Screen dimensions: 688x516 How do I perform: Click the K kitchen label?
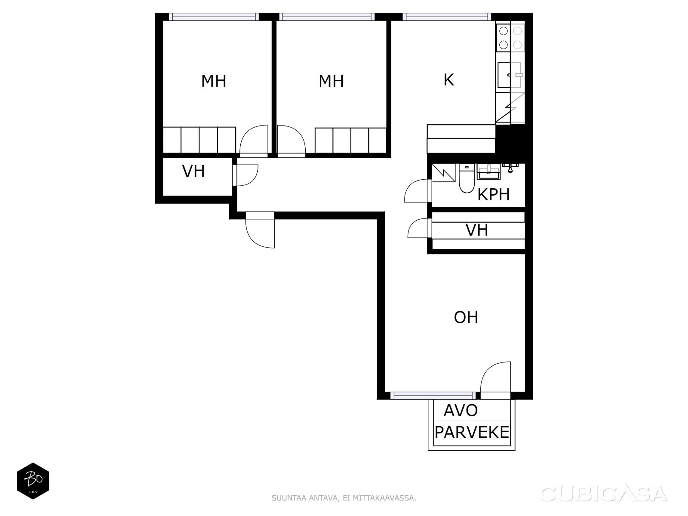pos(448,80)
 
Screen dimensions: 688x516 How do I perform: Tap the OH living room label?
pos(466,317)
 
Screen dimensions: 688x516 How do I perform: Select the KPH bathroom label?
pos(493,194)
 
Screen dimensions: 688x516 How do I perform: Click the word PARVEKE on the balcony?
pos(472,432)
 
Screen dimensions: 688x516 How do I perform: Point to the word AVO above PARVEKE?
pos(461,410)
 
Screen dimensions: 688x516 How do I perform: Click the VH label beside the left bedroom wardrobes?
pos(193,172)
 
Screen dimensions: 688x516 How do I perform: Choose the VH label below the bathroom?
pos(477,230)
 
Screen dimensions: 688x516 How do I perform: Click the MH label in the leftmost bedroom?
pos(213,81)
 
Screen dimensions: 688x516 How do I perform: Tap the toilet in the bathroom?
pos(467,178)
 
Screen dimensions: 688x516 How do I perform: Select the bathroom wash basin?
pos(488,172)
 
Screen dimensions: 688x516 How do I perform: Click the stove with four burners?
pos(510,38)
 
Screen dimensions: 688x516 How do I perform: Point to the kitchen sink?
pos(510,75)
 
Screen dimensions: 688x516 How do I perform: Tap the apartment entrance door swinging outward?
pos(260,230)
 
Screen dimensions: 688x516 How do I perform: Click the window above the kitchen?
pos(447,17)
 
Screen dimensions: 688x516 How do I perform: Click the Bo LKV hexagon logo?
pos(33,481)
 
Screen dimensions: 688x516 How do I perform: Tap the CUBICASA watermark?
pos(604,494)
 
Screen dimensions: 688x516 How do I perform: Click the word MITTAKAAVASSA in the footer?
pos(384,498)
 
